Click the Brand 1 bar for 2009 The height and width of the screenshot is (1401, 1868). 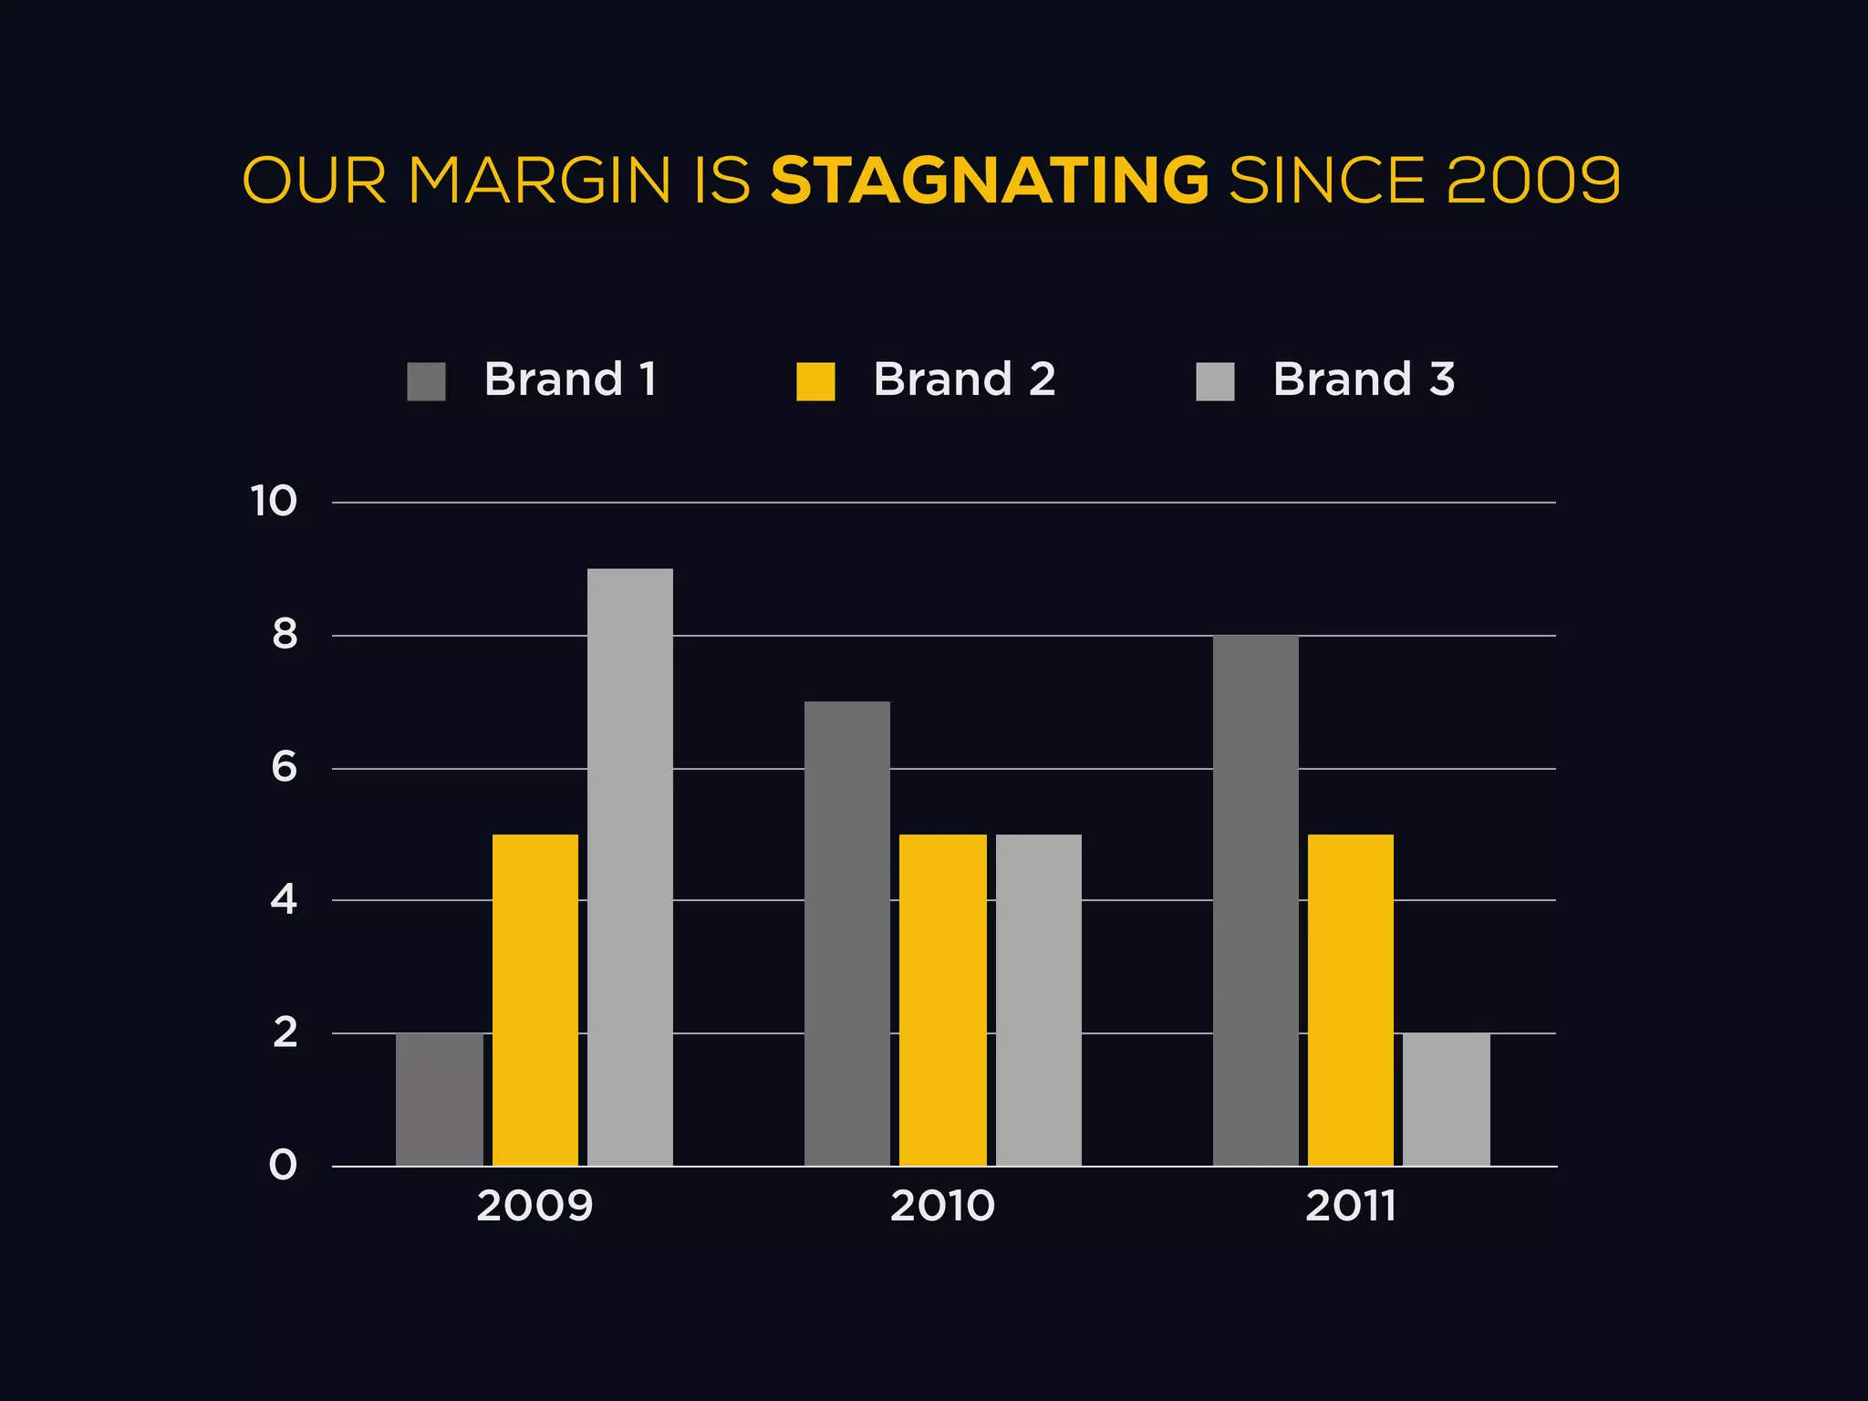pyautogui.click(x=440, y=1099)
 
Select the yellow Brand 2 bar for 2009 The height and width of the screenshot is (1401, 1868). pyautogui.click(x=535, y=1000)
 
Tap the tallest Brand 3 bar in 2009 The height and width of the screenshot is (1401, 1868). pyautogui.click(x=630, y=867)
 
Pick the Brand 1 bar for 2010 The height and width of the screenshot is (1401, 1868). pyautogui.click(x=847, y=933)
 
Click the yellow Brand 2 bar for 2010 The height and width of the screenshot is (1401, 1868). pyautogui.click(x=943, y=1000)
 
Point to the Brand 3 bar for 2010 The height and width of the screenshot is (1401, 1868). pyautogui.click(x=1039, y=1000)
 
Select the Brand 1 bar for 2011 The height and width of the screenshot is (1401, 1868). pyautogui.click(x=1256, y=900)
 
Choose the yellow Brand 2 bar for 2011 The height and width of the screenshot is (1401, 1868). pyautogui.click(x=1351, y=1000)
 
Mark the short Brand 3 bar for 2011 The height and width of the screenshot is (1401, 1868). pyautogui.click(x=1447, y=1099)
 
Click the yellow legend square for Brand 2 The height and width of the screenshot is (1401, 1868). pyautogui.click(x=815, y=381)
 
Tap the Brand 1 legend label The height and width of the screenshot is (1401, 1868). pyautogui.click(x=570, y=379)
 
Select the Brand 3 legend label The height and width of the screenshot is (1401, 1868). pyautogui.click(x=1364, y=379)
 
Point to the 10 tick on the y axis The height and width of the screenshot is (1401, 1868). pyautogui.click(x=274, y=502)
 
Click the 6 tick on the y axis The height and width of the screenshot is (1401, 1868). pyautogui.click(x=285, y=768)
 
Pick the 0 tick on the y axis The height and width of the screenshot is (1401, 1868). pyautogui.click(x=284, y=1166)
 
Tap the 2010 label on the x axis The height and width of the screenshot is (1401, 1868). pyautogui.click(x=942, y=1207)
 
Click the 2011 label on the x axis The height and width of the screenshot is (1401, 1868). pyautogui.click(x=1351, y=1207)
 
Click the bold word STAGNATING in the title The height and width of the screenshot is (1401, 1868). pyautogui.click(x=990, y=181)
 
